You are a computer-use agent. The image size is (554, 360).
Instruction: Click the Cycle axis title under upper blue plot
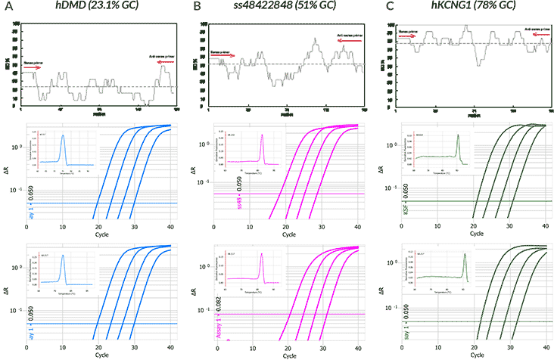[98, 236]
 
